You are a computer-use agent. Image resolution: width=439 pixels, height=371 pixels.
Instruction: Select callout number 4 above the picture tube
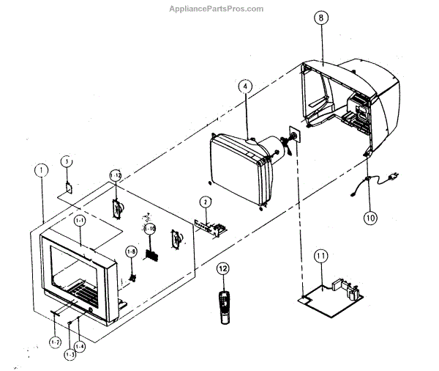(x=245, y=87)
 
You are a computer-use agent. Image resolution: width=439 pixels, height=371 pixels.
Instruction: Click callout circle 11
(x=320, y=256)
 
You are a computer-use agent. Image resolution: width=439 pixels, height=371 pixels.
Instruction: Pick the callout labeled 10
(x=370, y=217)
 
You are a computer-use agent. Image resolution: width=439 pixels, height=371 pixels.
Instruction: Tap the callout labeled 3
(x=66, y=161)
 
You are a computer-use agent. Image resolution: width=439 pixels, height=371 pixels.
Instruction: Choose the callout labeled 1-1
(x=80, y=219)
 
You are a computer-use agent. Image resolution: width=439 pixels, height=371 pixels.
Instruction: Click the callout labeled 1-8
(x=131, y=251)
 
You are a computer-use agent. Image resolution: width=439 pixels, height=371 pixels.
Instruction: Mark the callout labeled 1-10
(x=150, y=229)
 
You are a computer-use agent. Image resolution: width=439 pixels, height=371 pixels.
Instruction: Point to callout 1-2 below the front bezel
(x=55, y=342)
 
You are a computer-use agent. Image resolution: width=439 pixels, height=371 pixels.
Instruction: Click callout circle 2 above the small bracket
(x=206, y=201)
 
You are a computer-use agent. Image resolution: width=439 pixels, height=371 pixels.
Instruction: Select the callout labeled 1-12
(x=116, y=175)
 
